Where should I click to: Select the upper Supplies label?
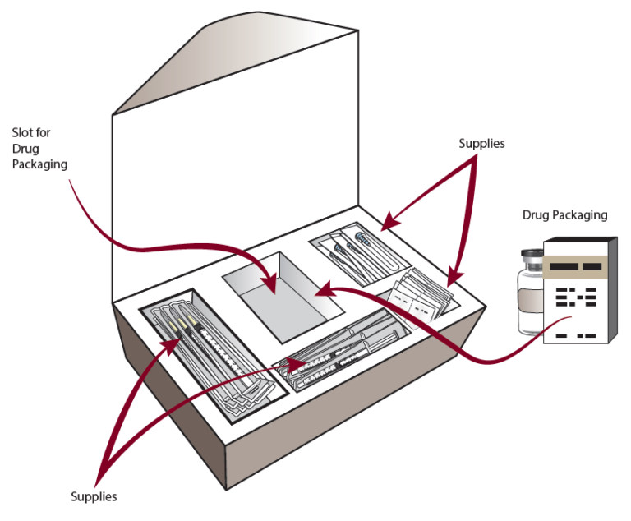pos(481,144)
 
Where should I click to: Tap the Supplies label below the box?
pos(94,496)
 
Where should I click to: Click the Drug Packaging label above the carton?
pos(564,215)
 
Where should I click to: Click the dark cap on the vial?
pos(531,257)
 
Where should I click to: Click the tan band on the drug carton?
pos(578,265)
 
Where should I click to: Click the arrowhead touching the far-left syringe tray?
pos(173,339)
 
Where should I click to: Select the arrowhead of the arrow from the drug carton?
pos(323,290)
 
